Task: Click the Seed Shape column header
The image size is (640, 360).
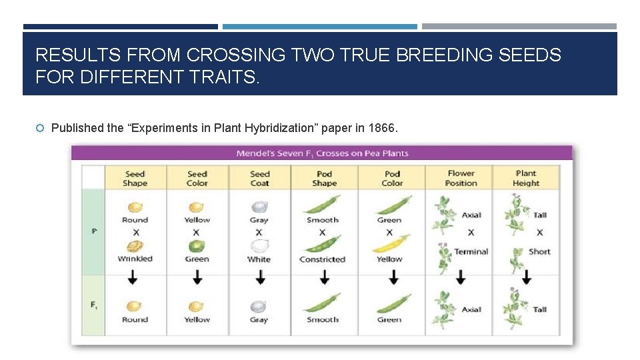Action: click(135, 178)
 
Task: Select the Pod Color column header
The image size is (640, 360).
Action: click(392, 178)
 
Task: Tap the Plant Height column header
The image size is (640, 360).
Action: click(526, 178)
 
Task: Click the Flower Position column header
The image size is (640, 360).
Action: click(461, 178)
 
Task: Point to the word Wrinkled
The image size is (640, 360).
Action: click(135, 259)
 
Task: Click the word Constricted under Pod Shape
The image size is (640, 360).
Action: click(323, 259)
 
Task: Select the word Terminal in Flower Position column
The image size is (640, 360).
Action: click(471, 251)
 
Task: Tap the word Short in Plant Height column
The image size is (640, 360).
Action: click(539, 251)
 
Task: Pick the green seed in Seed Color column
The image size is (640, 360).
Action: click(197, 246)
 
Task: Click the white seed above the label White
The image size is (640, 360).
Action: click(259, 246)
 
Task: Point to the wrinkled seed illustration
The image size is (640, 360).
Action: click(135, 245)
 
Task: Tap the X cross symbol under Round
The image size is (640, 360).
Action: click(135, 233)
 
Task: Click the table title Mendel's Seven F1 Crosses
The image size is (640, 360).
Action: click(322, 153)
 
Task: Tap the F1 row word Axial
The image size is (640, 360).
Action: click(471, 309)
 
